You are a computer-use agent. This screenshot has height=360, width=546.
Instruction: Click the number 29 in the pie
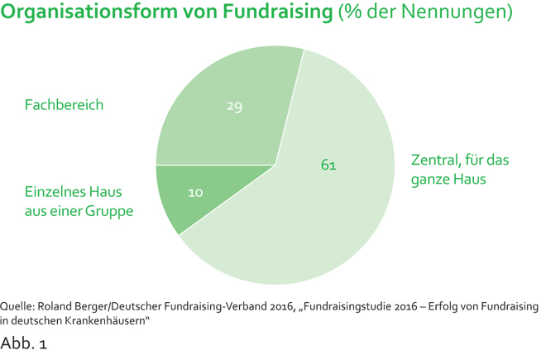pyautogui.click(x=234, y=106)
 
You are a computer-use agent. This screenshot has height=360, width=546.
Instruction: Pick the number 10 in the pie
pyautogui.click(x=196, y=193)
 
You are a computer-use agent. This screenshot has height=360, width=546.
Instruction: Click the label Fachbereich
pyautogui.click(x=64, y=105)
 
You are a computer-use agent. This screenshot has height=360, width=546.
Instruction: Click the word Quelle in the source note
pyautogui.click(x=18, y=306)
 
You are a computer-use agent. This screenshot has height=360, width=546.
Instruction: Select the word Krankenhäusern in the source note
pyautogui.click(x=106, y=319)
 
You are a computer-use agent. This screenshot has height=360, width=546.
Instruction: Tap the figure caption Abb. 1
pyautogui.click(x=24, y=343)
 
